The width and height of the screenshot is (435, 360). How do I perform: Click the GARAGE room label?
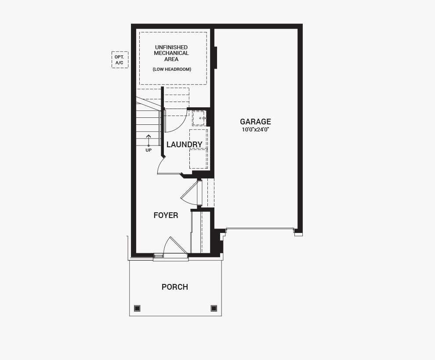[255, 122]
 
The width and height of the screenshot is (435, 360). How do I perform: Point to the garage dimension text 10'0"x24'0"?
[255, 129]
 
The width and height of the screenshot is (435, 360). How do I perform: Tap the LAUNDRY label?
[184, 144]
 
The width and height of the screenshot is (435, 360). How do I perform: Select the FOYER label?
[166, 215]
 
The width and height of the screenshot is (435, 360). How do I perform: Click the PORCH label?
[175, 287]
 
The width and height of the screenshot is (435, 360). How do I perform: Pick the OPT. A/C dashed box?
[120, 60]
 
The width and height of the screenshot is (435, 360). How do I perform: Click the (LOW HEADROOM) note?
[172, 69]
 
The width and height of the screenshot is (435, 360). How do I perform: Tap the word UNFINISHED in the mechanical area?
[171, 47]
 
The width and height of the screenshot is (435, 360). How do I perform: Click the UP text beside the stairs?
[149, 150]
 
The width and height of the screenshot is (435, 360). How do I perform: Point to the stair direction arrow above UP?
[149, 140]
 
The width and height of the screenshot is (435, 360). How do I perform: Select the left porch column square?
[137, 308]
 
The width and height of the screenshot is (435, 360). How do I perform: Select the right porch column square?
[214, 308]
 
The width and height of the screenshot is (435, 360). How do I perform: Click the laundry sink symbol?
[199, 118]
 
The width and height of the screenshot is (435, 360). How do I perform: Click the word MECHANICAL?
[171, 53]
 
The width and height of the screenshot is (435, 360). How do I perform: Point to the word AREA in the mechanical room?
[171, 59]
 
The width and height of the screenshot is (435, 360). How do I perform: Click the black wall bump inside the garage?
[216, 58]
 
